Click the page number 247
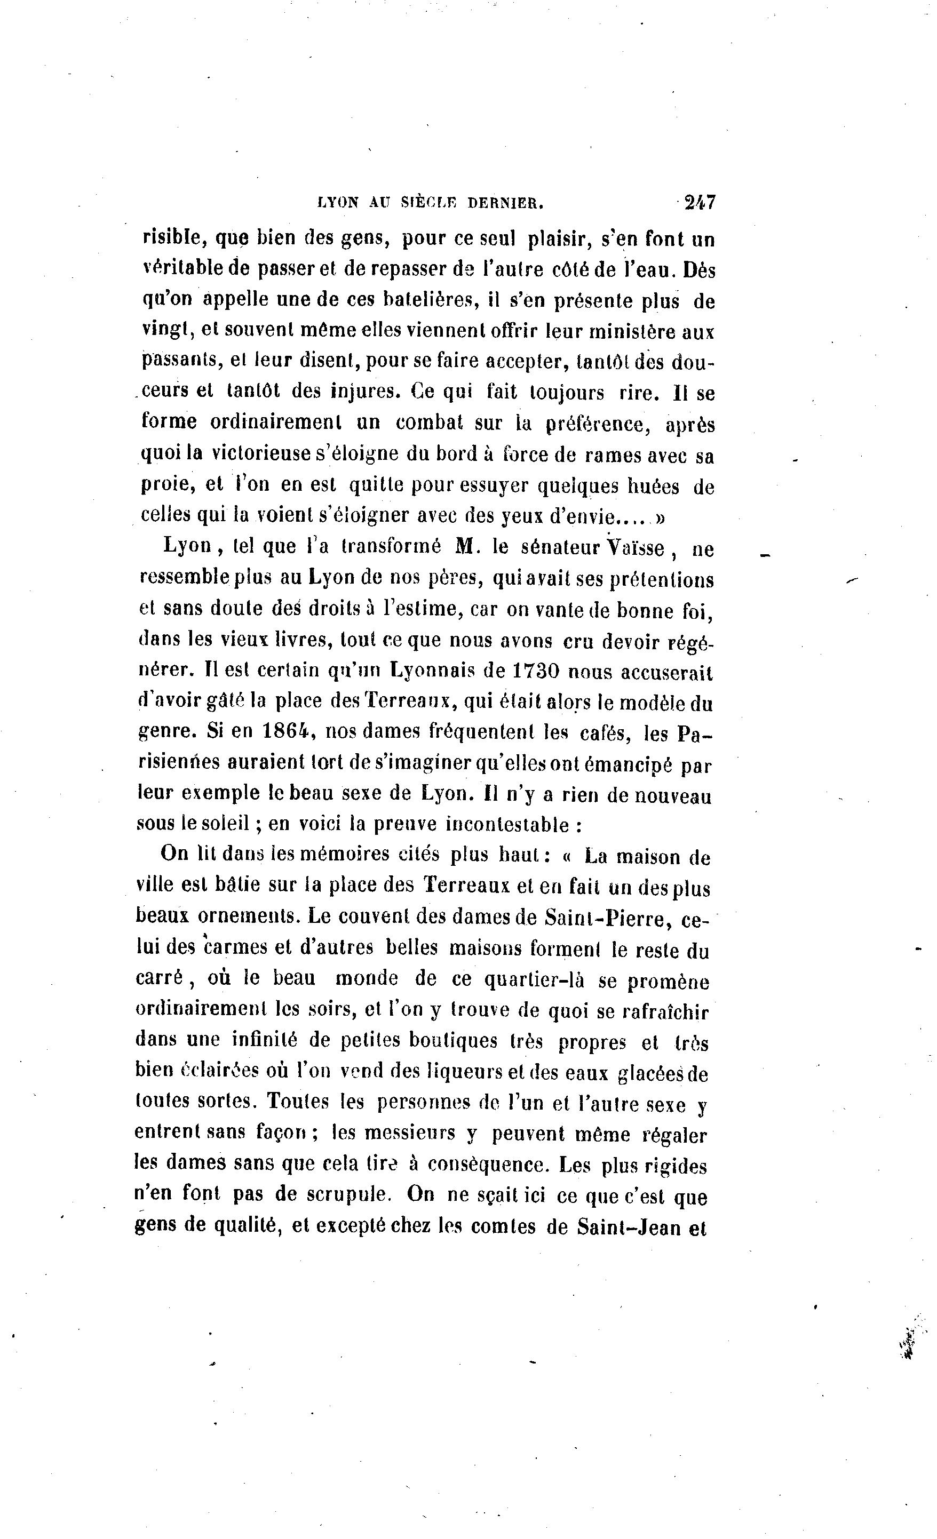(700, 202)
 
